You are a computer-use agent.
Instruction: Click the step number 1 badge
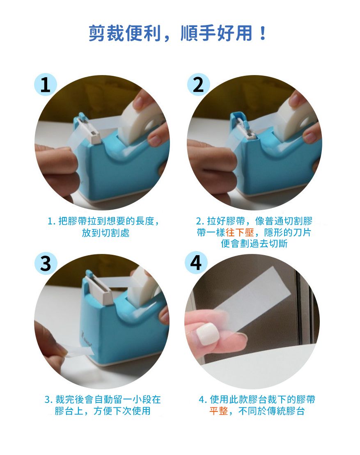pos(45,85)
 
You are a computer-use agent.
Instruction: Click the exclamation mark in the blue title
pos(263,33)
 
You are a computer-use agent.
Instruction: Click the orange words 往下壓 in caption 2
pos(240,233)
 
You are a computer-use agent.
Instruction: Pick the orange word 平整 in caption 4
pos(219,411)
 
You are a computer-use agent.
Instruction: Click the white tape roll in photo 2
pos(296,119)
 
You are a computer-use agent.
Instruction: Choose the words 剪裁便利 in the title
pos(125,33)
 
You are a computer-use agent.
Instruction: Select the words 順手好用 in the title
pos(216,33)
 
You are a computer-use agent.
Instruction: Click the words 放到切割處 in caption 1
pos(105,233)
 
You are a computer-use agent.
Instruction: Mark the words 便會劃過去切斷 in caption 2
pos(255,243)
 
